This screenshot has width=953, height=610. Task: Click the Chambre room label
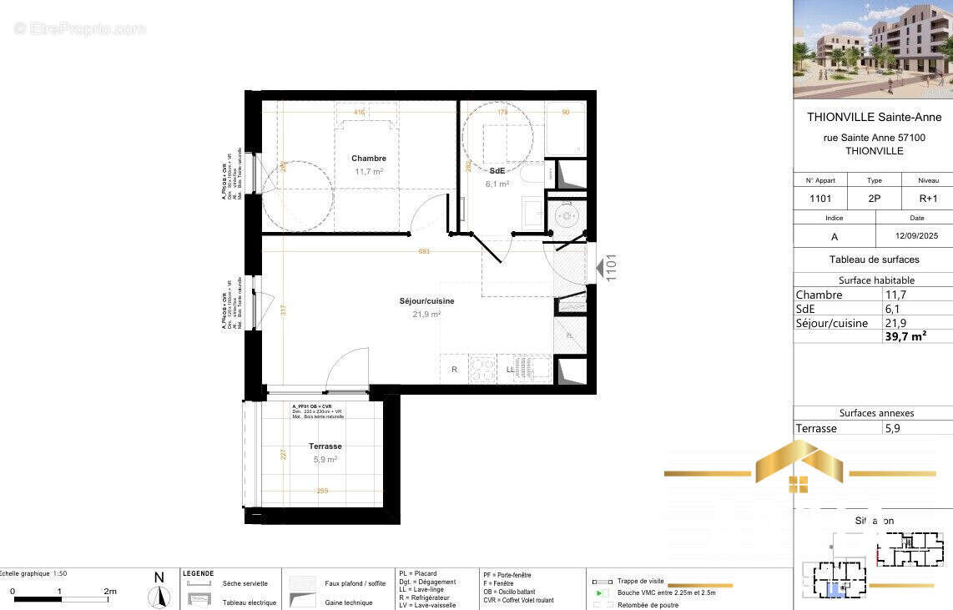point(368,159)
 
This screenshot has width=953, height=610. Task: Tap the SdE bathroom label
point(497,171)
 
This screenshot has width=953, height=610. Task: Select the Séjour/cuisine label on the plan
point(426,301)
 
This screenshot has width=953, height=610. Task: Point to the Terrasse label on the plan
point(325,446)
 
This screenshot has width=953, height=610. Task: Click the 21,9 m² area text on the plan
point(426,315)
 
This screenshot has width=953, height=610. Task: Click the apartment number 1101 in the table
point(820,199)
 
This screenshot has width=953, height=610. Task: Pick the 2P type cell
point(874,199)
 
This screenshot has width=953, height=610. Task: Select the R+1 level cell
point(928,199)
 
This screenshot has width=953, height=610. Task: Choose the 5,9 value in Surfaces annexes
point(892,428)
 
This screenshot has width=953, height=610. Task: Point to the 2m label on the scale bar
point(109,591)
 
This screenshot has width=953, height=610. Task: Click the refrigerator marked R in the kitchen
point(454,369)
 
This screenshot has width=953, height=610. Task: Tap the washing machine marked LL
point(510,369)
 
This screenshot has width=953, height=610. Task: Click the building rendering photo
point(872,49)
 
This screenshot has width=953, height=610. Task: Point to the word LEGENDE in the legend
point(199,573)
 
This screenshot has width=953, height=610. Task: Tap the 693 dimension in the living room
point(424,251)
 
